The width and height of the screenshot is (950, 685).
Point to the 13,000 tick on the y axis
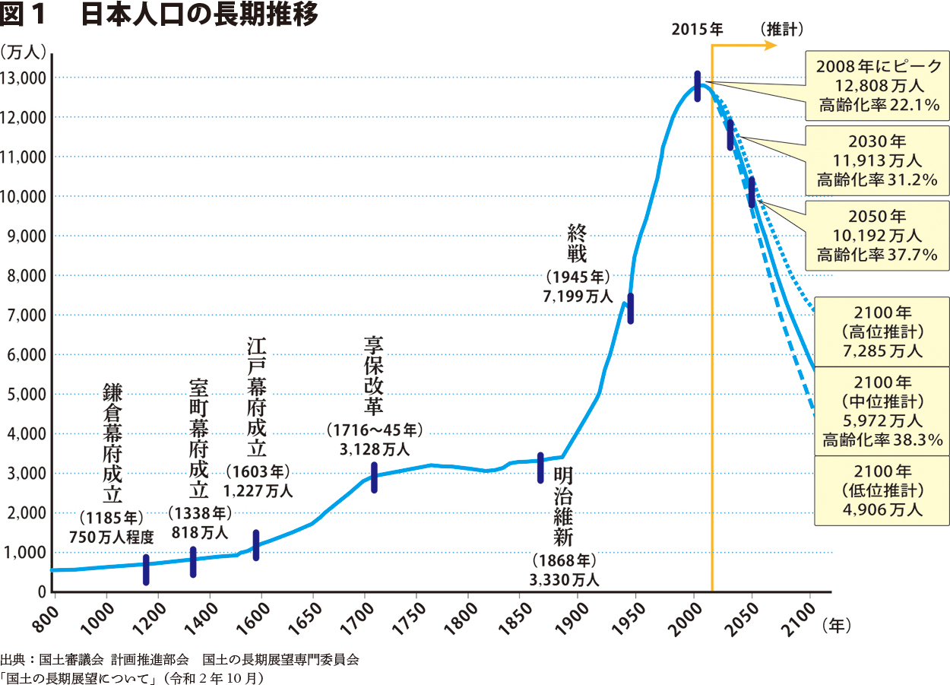pyautogui.click(x=25, y=78)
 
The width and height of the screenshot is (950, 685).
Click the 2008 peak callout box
pyautogui.click(x=878, y=85)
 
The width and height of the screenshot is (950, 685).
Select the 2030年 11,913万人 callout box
pyautogui.click(x=878, y=160)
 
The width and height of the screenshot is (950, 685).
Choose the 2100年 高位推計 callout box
pyautogui.click(x=882, y=331)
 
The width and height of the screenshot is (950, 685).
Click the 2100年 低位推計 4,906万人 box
pyautogui.click(x=882, y=490)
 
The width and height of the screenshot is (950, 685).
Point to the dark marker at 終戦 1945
pyautogui.click(x=630, y=308)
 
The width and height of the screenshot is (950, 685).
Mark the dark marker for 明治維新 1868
pyautogui.click(x=540, y=468)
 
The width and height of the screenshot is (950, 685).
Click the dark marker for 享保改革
pyautogui.click(x=374, y=477)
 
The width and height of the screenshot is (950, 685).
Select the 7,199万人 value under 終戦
pyautogui.click(x=578, y=297)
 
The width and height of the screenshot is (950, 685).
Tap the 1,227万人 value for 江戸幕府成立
pyautogui.click(x=258, y=491)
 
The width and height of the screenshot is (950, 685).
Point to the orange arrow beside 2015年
pyautogui.click(x=745, y=46)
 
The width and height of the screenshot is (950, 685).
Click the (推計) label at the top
pyautogui.click(x=781, y=29)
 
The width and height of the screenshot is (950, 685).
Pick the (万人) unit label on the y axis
pyautogui.click(x=24, y=51)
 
